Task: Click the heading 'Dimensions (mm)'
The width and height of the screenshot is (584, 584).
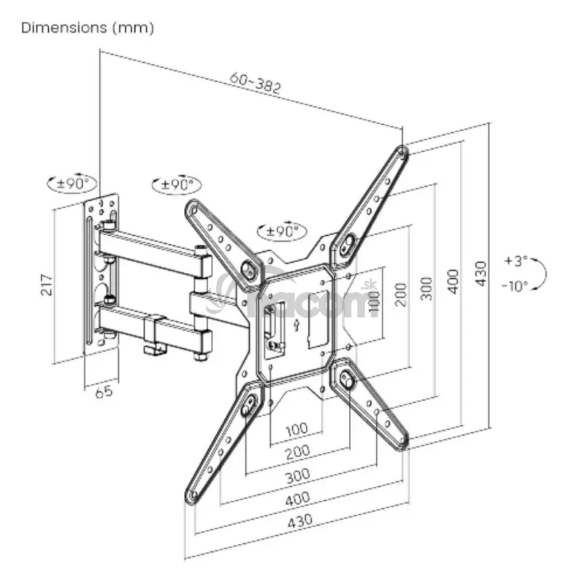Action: [x=88, y=28]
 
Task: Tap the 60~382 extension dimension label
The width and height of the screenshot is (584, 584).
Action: [x=255, y=83]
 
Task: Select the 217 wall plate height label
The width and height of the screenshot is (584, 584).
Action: [x=47, y=285]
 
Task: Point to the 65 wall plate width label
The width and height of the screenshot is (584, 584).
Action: [x=104, y=392]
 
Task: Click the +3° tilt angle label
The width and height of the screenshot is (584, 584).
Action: [x=516, y=261]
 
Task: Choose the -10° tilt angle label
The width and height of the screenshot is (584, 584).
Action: [x=515, y=286]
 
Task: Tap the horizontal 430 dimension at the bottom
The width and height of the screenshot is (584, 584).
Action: [x=300, y=520]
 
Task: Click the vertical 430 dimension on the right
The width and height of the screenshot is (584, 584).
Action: [x=481, y=274]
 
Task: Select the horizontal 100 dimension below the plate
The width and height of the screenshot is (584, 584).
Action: [x=297, y=430]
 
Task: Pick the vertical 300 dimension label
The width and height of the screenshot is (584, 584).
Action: [x=427, y=288]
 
